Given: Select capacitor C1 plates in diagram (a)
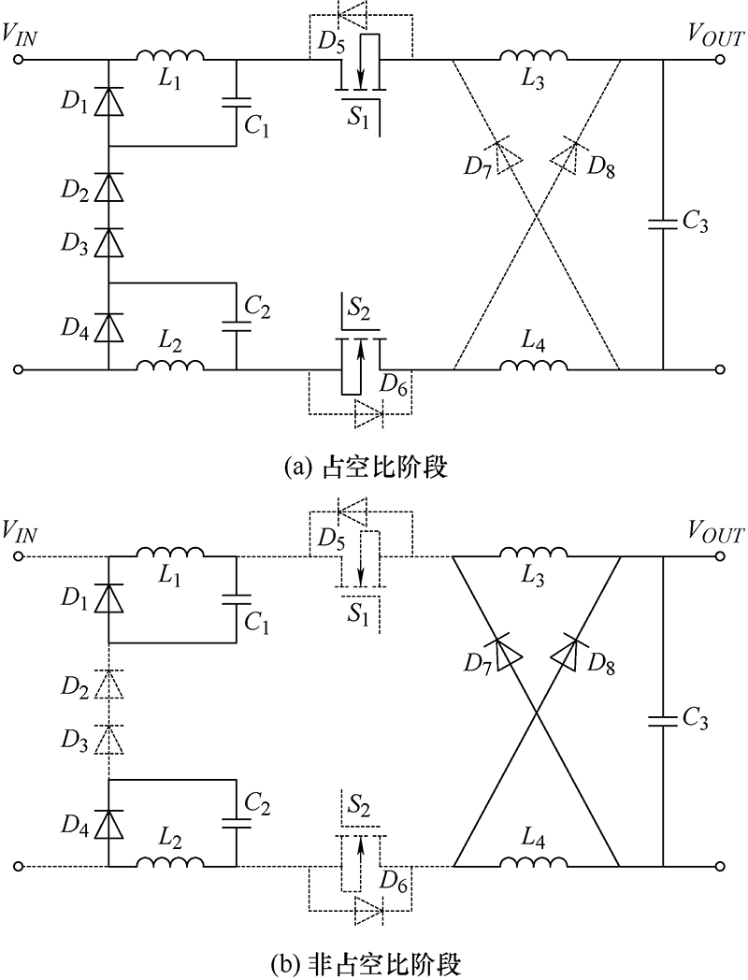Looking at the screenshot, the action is (237, 101).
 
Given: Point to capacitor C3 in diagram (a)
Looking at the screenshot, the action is (662, 223).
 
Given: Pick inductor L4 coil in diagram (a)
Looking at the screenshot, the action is (533, 365).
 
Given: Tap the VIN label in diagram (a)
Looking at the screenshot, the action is (20, 35).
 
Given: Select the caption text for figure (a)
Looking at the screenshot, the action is (366, 467).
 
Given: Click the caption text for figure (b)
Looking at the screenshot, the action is (367, 963).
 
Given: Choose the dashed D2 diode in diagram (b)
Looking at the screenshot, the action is (108, 684).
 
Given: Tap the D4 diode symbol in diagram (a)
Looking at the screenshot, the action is (108, 327).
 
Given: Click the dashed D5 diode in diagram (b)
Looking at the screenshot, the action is (352, 512).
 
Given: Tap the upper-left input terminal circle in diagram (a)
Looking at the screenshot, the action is (19, 59).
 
